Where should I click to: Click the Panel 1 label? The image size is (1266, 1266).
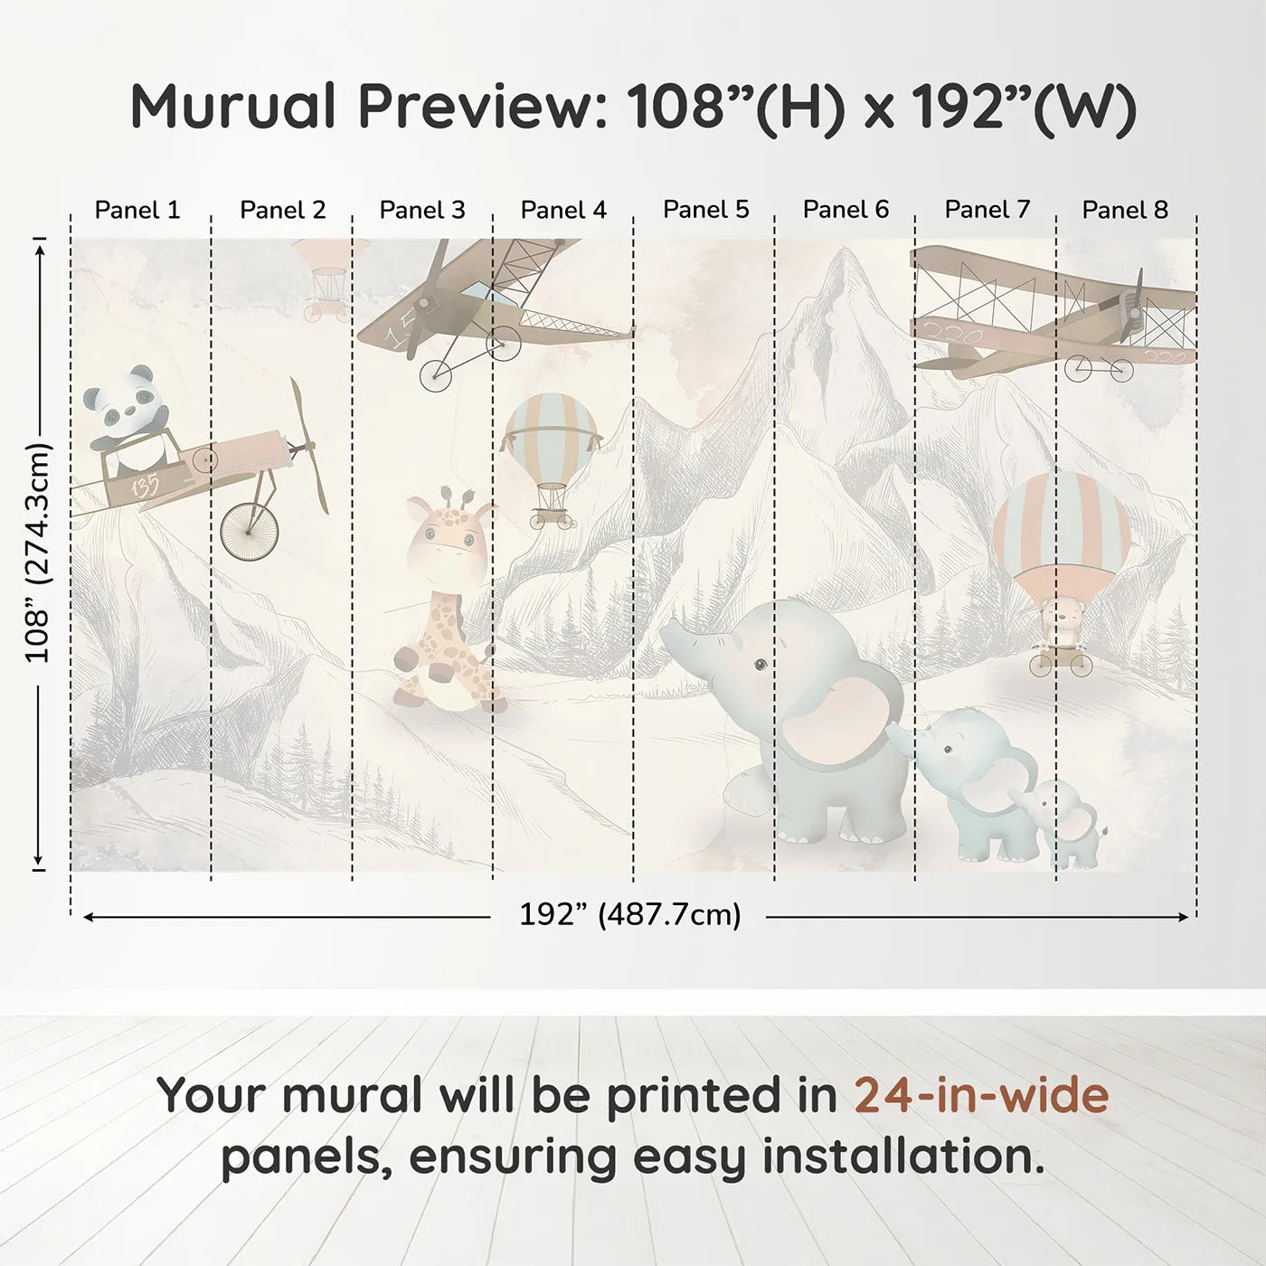click(137, 210)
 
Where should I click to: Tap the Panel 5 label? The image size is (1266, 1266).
click(705, 210)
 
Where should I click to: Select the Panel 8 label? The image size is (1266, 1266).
click(1125, 210)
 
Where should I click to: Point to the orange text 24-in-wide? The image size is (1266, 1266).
click(981, 1095)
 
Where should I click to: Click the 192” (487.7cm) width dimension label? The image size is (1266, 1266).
click(629, 914)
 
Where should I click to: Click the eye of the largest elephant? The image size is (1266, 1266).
click(761, 665)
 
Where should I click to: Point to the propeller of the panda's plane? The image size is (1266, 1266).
click(308, 445)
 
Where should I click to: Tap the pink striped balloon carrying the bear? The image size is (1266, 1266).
click(1061, 529)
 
